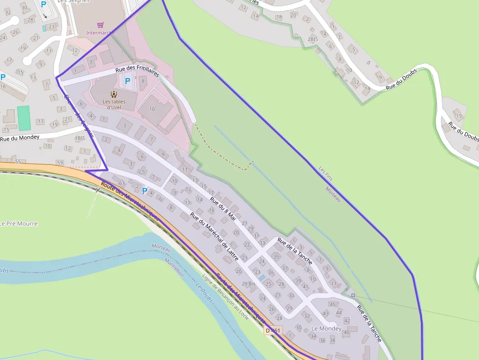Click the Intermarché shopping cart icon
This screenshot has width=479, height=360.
coord(100,25)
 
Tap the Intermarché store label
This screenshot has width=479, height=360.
coord(100,33)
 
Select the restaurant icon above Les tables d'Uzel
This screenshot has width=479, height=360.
coord(114,94)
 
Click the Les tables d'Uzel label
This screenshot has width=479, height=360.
coord(114,105)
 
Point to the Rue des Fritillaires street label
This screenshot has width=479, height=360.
coord(137,71)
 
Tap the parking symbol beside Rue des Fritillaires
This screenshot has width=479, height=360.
coord(128,81)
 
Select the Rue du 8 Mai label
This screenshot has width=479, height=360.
coord(223,209)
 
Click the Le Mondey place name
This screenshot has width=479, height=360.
coord(326,329)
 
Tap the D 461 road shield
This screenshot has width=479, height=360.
coord(273,331)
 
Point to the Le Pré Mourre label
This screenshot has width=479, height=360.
coord(19,224)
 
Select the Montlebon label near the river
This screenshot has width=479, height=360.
coord(174,266)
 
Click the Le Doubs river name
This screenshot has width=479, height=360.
coord(206,293)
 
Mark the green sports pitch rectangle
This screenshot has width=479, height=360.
coord(23,118)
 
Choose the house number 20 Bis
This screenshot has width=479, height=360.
coord(249,284)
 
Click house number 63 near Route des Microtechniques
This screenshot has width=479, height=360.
coord(122,184)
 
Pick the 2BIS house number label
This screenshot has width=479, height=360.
coord(313,39)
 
